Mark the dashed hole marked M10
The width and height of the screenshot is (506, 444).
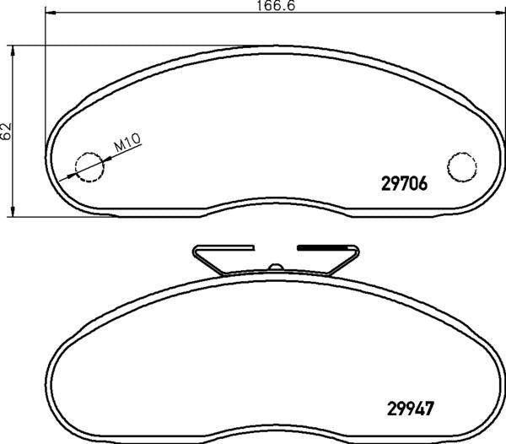tap(89, 167)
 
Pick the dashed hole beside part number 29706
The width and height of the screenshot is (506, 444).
tap(460, 166)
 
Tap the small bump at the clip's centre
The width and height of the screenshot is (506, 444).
tap(274, 268)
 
